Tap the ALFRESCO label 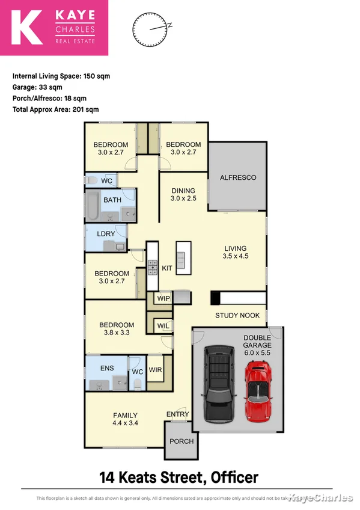point(238,177)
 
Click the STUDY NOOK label point(237,315)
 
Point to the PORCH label point(182,441)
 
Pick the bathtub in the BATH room point(93,206)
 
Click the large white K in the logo point(26,28)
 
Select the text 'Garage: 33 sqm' point(40,87)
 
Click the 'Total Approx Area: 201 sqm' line point(55,109)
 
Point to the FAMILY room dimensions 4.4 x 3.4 point(125,423)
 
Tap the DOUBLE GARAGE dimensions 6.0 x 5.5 point(257,353)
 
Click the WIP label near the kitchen point(163,298)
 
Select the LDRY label point(106,234)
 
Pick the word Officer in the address point(233,478)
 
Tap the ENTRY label point(178,414)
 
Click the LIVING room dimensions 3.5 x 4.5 point(235,256)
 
